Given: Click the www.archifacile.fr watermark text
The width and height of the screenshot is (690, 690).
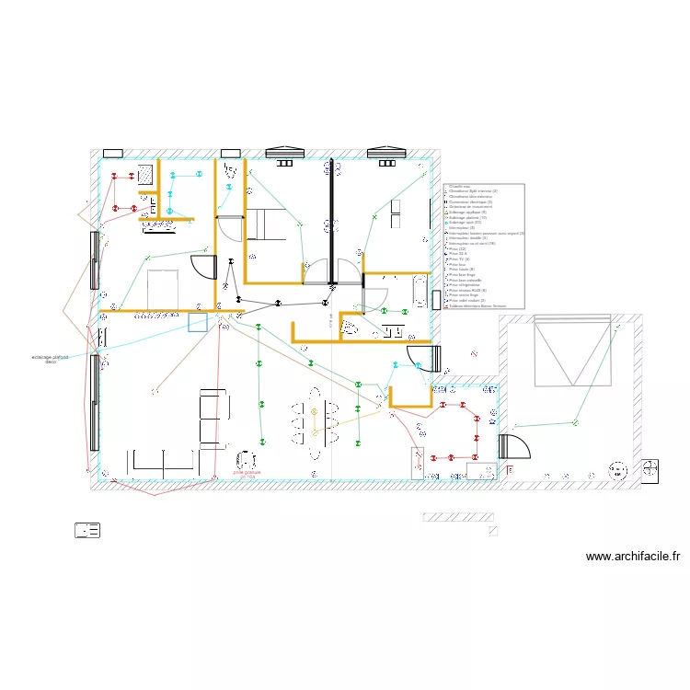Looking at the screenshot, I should click(634, 557).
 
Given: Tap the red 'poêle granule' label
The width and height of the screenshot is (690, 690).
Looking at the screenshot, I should click(247, 474).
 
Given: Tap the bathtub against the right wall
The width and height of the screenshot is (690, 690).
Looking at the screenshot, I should click(420, 292).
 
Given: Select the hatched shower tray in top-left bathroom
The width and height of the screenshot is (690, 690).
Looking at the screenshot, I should click(145, 174).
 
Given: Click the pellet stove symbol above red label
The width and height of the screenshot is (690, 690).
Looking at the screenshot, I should click(246, 459).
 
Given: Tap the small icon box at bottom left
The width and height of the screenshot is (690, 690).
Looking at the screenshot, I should click(87, 530).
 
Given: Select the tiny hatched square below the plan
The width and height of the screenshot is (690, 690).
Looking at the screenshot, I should click(494, 531).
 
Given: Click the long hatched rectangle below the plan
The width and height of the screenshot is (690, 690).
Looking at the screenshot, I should click(457, 517).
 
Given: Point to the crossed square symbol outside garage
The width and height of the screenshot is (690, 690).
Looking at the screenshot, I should click(650, 469).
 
